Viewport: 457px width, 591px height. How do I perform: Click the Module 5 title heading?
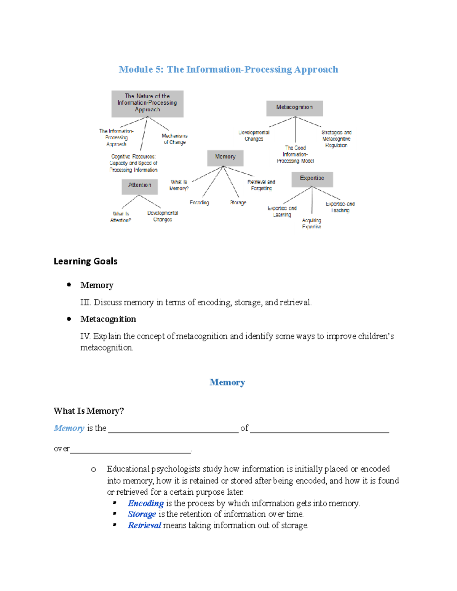[x=228, y=70]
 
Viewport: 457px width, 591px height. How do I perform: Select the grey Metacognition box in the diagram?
[x=294, y=108]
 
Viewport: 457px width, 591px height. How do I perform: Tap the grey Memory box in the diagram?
[x=225, y=157]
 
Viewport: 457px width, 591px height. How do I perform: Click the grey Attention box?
[x=139, y=186]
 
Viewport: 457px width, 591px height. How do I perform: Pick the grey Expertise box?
[x=312, y=179]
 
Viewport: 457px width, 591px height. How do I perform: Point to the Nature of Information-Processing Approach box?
[x=147, y=104]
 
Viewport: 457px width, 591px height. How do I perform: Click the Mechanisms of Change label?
[x=174, y=139]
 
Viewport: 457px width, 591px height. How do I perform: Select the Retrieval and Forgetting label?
[x=261, y=185]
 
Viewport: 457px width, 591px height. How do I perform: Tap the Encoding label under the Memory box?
[x=199, y=203]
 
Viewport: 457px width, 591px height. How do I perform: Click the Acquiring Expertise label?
[x=312, y=223]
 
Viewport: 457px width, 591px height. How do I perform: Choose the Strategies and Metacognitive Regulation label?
[x=336, y=139]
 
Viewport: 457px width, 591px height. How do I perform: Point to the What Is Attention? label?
[x=121, y=217]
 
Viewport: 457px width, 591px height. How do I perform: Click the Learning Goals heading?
[x=85, y=261]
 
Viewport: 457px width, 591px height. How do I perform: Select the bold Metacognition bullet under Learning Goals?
[x=108, y=319]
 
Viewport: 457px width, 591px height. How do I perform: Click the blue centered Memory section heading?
[x=227, y=382]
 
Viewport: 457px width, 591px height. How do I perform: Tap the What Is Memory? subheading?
[x=89, y=411]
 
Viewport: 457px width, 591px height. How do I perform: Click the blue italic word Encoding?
[x=145, y=503]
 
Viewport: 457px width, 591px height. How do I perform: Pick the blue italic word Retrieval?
[x=144, y=525]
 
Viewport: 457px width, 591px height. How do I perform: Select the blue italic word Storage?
[x=142, y=514]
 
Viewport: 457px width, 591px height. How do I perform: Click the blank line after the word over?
[x=130, y=450]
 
